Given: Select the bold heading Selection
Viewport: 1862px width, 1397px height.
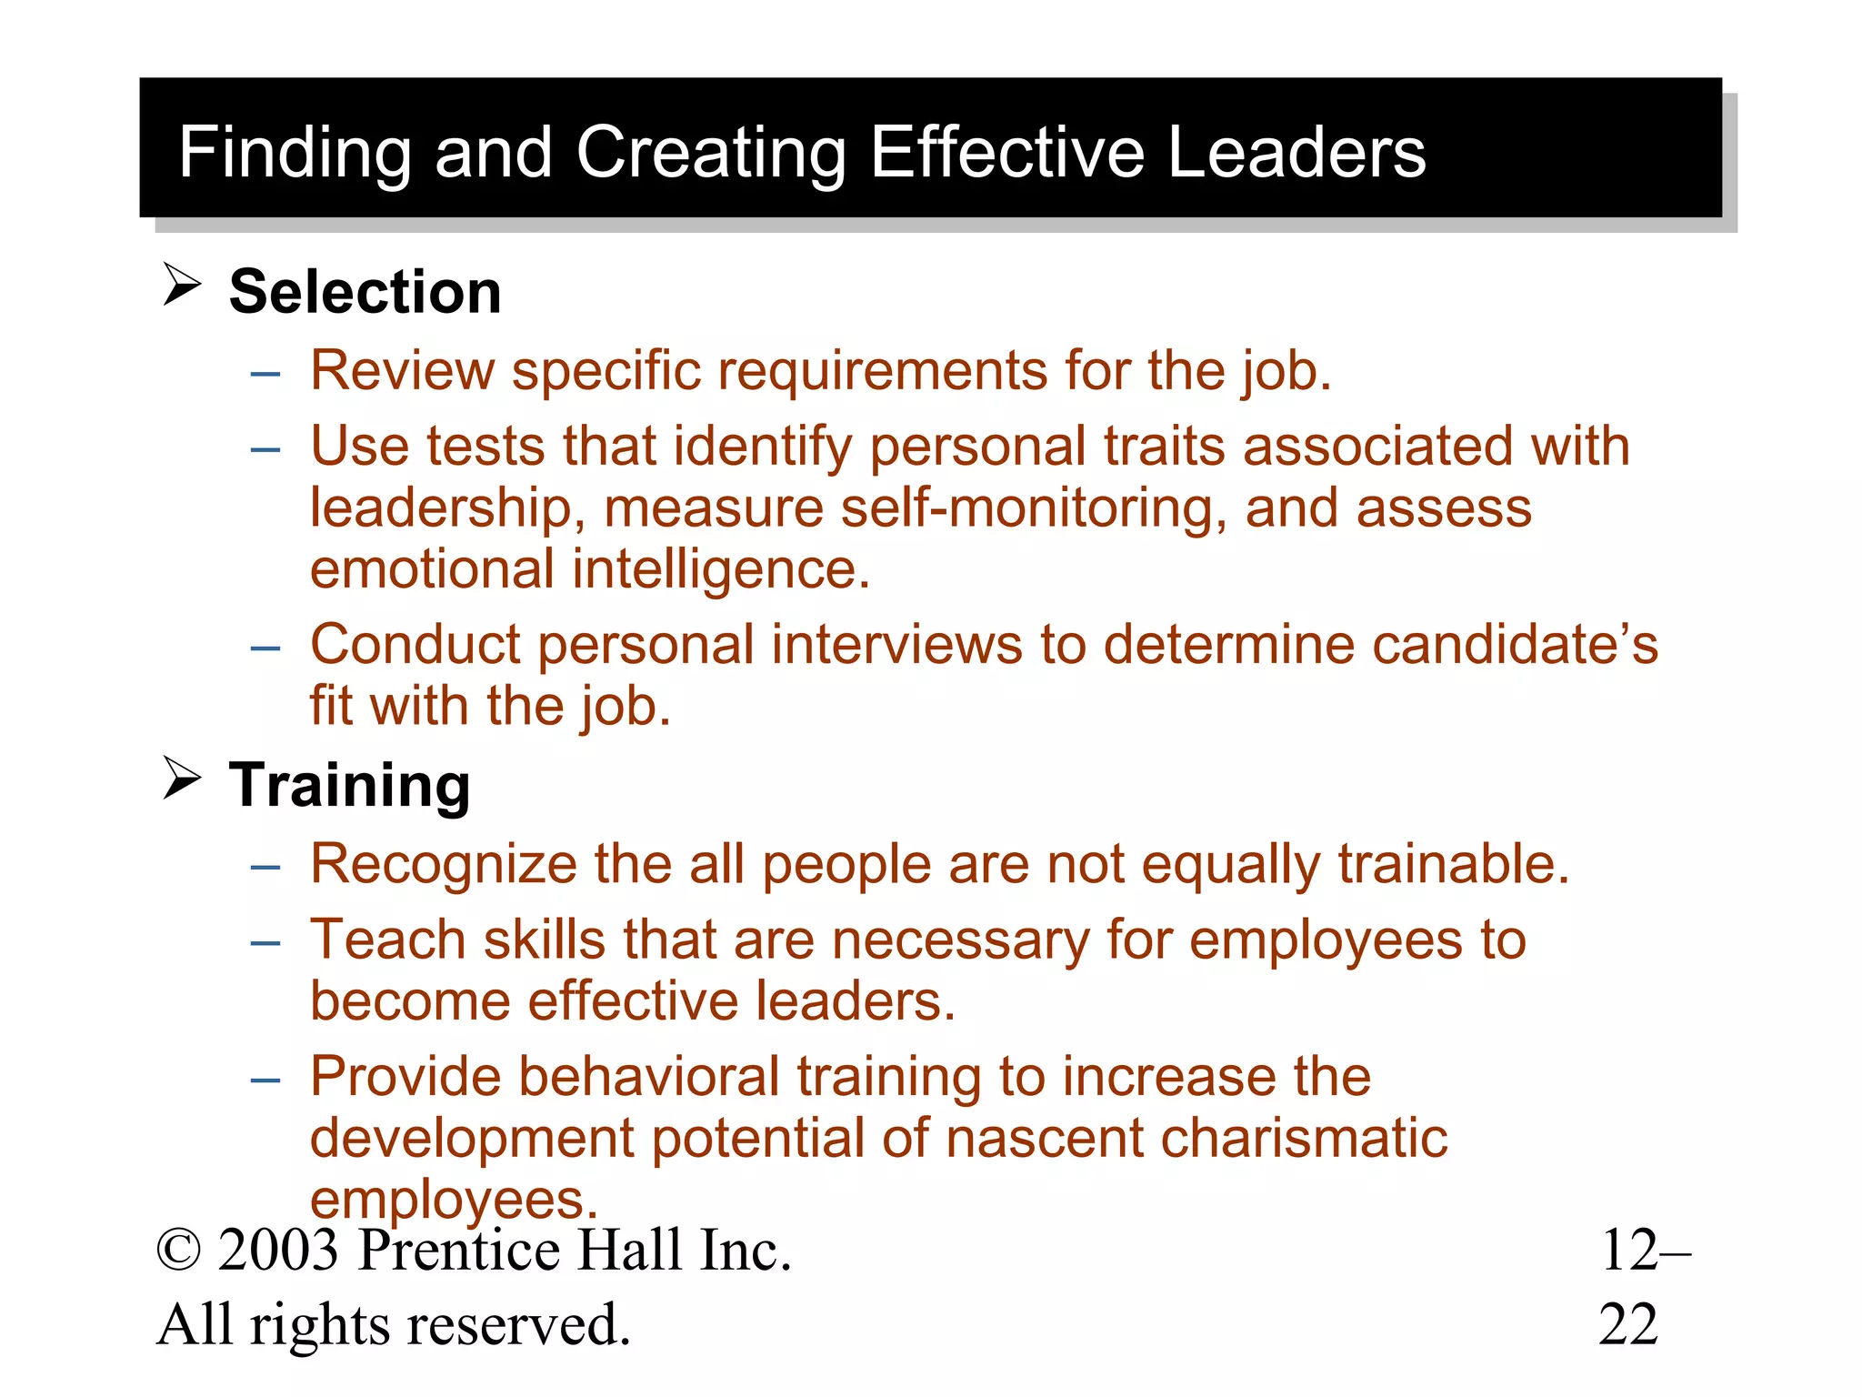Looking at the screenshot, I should click(365, 292).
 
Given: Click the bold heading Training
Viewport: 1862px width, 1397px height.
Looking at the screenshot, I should click(349, 785).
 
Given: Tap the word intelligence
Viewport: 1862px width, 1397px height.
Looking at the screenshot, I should click(721, 569).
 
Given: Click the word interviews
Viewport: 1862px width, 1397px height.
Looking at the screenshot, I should click(897, 645).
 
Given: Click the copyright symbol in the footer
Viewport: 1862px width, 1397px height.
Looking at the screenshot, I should click(178, 1251).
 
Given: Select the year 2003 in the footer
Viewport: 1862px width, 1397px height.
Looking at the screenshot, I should click(278, 1251).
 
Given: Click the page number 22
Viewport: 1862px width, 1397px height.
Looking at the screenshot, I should click(1627, 1325).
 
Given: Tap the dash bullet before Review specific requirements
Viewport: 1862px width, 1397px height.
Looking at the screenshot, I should click(265, 374).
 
